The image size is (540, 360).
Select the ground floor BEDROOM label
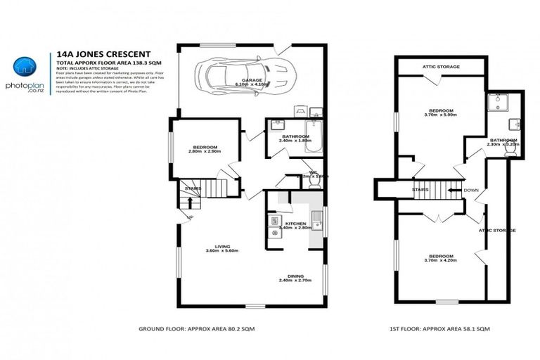coord(202,147)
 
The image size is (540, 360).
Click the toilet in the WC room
coord(314,181)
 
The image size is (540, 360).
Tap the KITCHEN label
coord(295,223)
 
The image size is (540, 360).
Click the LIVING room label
coord(222,246)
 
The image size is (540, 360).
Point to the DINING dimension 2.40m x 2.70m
coord(295,281)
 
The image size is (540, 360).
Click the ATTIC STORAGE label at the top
coord(441,67)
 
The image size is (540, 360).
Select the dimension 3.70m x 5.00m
coord(442,115)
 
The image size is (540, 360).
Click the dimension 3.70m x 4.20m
coord(442,260)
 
